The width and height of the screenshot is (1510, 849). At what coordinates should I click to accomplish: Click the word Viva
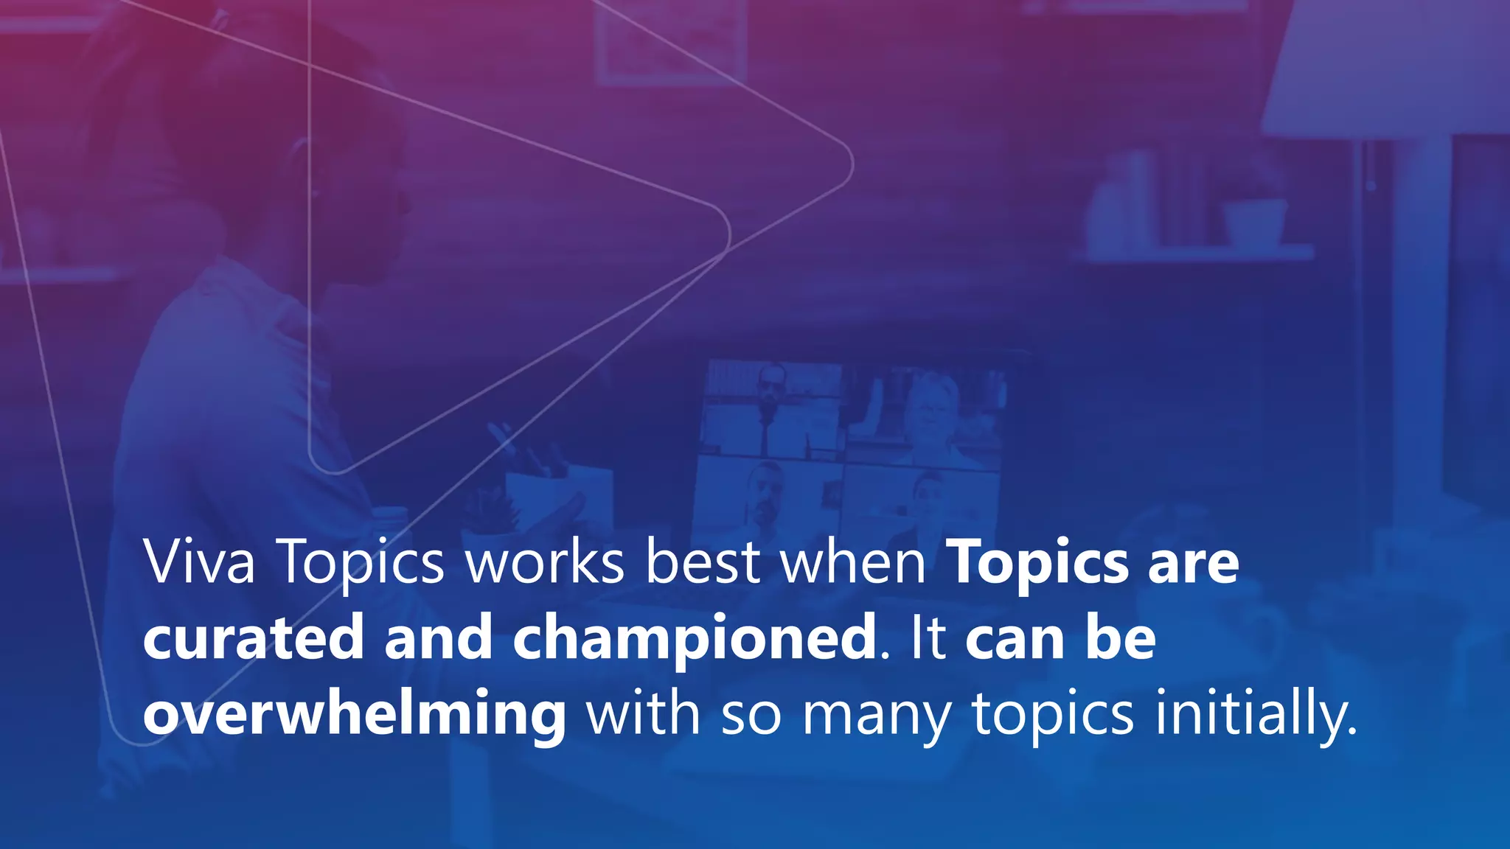(200, 563)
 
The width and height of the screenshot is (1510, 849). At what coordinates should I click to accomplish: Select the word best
(703, 563)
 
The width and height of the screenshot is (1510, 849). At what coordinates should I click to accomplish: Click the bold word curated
(254, 638)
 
